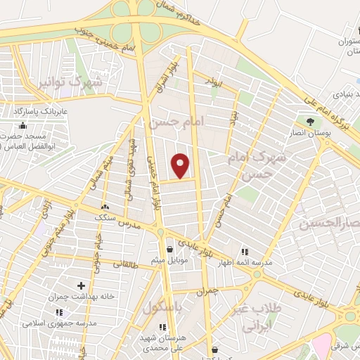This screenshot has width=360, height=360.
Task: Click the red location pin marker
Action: coord(181,165)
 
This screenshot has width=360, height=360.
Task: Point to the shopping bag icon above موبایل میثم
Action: coord(169,249)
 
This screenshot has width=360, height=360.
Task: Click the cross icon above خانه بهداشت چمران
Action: coord(82,285)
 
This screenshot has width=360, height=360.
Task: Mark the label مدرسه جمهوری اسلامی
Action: coord(53,314)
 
